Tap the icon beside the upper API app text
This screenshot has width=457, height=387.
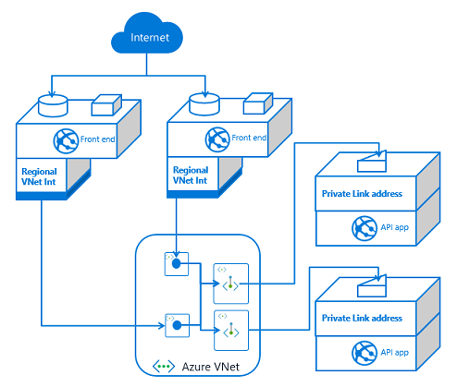[x=363, y=227]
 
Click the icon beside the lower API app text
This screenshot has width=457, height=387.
[x=363, y=352]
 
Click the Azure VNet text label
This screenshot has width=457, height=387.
[x=206, y=367]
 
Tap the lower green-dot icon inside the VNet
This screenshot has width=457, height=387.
[x=226, y=330]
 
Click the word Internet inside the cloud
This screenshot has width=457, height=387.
[x=150, y=39]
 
